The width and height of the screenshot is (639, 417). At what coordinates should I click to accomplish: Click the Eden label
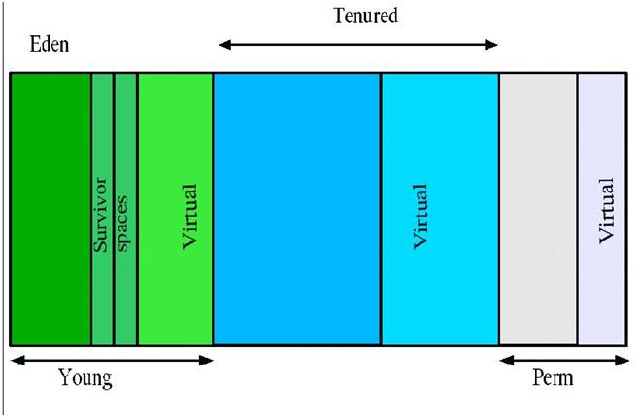click(x=50, y=44)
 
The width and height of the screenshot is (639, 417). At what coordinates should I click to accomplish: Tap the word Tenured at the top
click(x=365, y=16)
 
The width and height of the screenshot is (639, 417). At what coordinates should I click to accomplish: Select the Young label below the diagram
click(x=85, y=378)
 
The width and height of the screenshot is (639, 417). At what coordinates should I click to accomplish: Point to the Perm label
click(x=553, y=378)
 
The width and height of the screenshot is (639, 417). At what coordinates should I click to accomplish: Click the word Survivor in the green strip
click(x=101, y=215)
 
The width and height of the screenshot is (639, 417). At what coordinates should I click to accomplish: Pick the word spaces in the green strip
click(x=122, y=224)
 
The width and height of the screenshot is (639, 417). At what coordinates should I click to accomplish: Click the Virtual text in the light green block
click(x=189, y=216)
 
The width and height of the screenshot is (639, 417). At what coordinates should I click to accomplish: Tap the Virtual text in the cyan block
click(x=420, y=216)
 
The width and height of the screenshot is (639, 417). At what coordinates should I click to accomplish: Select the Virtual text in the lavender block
click(x=606, y=211)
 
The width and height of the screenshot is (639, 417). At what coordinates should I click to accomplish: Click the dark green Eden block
click(x=50, y=209)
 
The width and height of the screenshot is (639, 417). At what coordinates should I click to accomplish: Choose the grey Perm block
click(x=538, y=209)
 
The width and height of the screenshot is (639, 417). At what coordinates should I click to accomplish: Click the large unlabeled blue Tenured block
click(x=297, y=209)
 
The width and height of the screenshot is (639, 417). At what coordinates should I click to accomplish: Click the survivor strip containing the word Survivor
click(x=102, y=209)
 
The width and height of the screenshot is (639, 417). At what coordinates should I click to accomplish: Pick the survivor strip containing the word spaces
click(x=125, y=209)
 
